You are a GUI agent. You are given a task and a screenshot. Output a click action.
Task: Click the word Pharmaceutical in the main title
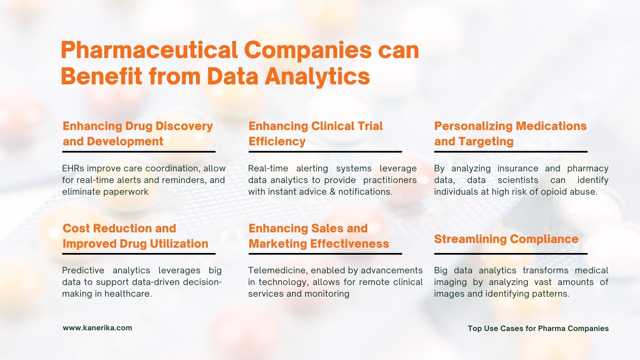(x=149, y=50)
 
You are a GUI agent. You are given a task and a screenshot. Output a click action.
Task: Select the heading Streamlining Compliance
(x=506, y=239)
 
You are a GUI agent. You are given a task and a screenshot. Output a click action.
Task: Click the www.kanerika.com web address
(x=97, y=328)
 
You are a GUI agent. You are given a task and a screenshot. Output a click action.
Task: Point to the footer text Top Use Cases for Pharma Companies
(x=538, y=328)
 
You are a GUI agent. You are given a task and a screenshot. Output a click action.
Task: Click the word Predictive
(x=83, y=270)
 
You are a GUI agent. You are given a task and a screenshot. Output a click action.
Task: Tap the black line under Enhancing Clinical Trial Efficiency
(x=325, y=152)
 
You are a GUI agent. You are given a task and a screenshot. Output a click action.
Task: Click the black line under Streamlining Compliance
(x=511, y=254)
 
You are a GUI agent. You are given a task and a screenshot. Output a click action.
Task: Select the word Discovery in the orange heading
(x=184, y=126)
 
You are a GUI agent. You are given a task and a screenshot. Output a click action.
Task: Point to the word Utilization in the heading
(x=179, y=244)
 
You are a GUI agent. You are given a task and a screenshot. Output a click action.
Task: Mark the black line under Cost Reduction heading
(x=139, y=254)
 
